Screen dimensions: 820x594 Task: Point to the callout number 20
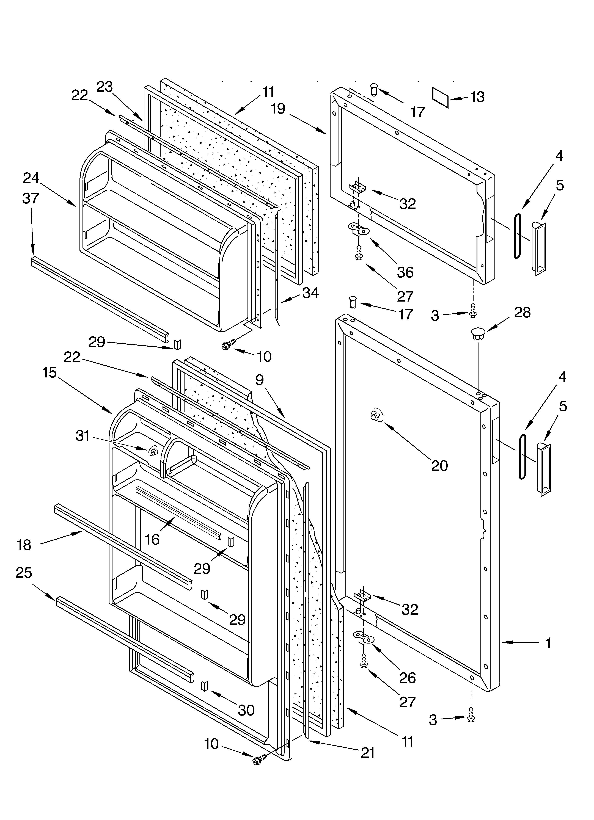[439, 466]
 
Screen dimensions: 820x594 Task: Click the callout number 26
[407, 678]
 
